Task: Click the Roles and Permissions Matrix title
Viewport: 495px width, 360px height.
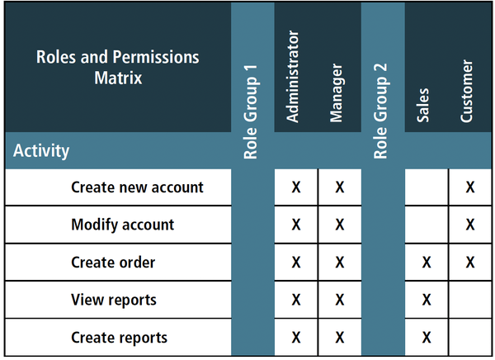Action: tap(118, 69)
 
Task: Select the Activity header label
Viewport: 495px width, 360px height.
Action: tap(41, 151)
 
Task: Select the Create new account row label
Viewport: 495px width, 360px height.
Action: tap(137, 187)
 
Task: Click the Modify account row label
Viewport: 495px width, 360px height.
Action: tap(122, 225)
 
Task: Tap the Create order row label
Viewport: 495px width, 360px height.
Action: tap(113, 263)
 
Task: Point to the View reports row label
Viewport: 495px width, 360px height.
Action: tap(114, 300)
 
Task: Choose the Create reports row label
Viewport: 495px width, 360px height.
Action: tap(119, 338)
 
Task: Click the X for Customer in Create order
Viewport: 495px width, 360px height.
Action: tap(469, 263)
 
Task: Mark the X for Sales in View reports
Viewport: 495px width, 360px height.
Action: tap(426, 300)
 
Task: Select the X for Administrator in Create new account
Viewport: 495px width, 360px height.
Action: tap(295, 187)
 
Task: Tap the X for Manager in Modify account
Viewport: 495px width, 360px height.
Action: tap(339, 225)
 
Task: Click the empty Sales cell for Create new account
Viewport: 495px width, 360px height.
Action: tap(426, 187)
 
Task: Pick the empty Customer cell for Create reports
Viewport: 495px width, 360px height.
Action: tap(469, 338)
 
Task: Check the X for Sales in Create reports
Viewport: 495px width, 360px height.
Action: tap(426, 338)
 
